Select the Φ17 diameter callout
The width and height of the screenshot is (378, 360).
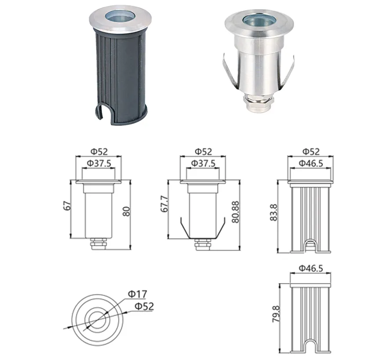137,293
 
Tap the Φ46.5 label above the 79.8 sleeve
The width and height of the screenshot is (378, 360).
311,267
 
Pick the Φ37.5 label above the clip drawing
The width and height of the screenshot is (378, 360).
203,163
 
